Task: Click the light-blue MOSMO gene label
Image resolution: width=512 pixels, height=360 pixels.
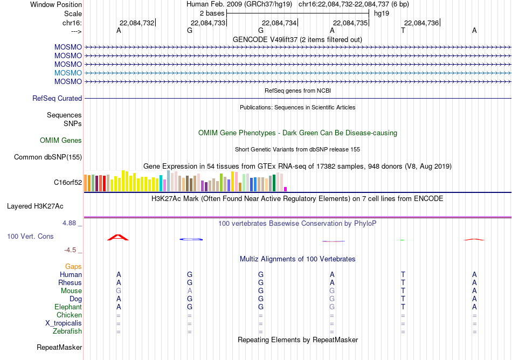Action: tap(68, 73)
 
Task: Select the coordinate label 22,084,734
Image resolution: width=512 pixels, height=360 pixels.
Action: tap(279, 23)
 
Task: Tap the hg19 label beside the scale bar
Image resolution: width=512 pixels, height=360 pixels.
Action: tap(382, 13)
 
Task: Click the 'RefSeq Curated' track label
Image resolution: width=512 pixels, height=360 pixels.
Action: tap(57, 98)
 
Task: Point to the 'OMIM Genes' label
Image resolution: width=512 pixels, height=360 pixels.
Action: tap(61, 140)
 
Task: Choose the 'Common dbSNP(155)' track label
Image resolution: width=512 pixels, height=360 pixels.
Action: tap(48, 157)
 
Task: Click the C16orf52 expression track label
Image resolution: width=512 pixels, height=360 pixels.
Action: tap(68, 183)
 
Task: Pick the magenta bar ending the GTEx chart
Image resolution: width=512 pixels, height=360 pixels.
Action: tap(286, 189)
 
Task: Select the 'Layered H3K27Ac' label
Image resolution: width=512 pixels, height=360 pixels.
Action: tap(35, 206)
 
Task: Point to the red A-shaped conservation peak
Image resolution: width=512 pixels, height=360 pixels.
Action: tap(118, 238)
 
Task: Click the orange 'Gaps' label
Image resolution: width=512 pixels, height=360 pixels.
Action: tap(73, 267)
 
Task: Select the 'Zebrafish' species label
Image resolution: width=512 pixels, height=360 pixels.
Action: tap(67, 331)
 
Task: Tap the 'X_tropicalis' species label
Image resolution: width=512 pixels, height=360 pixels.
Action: tap(64, 323)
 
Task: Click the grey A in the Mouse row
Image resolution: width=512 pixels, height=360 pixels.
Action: tap(190, 291)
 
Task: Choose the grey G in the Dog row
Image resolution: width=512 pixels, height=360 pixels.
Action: tap(332, 299)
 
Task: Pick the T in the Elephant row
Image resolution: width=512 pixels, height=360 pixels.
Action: tap(403, 307)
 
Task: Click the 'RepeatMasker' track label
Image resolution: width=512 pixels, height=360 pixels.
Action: tap(59, 347)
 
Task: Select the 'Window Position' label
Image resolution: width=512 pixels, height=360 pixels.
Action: tap(56, 4)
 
